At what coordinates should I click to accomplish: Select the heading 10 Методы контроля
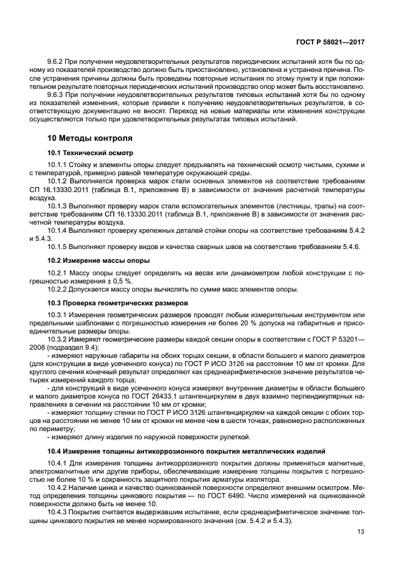(x=90, y=138)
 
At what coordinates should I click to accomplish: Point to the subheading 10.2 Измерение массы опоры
(x=98, y=259)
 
